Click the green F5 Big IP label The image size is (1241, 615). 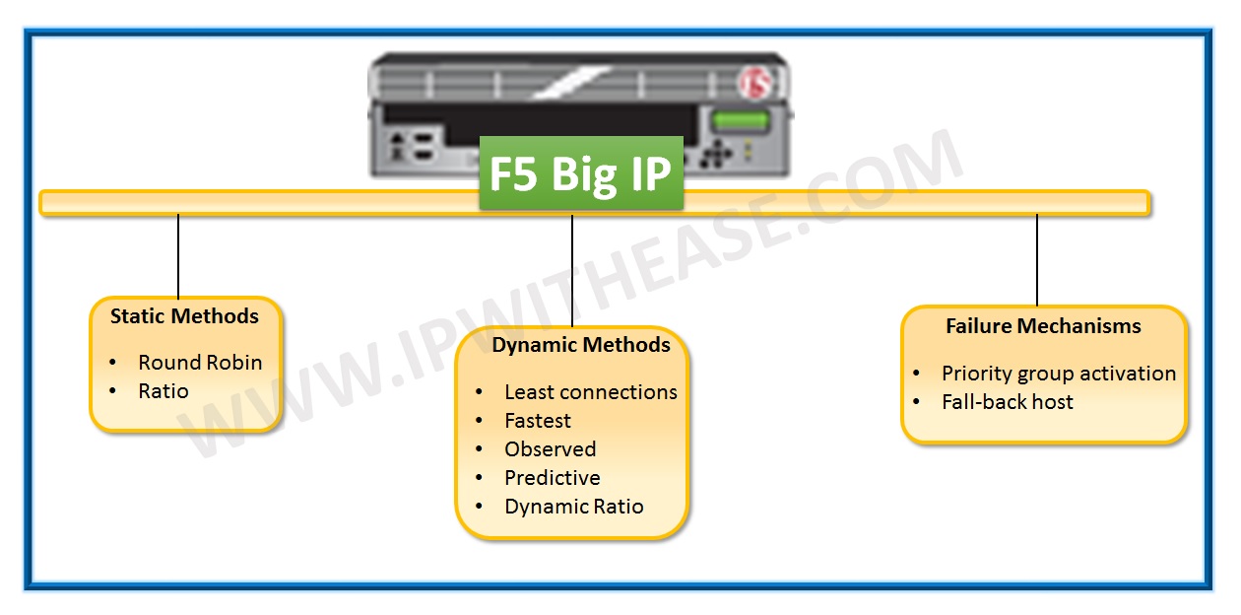581,173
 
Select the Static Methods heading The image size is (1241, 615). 184,316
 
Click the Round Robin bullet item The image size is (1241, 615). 200,363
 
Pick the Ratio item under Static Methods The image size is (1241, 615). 163,391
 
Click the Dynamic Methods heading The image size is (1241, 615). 581,345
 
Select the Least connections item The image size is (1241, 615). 590,392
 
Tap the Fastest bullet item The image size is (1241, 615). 538,421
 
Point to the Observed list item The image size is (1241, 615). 550,449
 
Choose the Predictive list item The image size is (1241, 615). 552,478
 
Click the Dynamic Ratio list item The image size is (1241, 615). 573,507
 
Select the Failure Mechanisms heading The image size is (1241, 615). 1043,326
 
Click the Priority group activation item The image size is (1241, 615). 1058,374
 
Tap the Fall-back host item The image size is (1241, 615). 1007,402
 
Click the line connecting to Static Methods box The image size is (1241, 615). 178,255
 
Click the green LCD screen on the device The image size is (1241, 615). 740,122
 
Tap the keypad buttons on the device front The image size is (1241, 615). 716,154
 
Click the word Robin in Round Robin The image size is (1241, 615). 232,363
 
